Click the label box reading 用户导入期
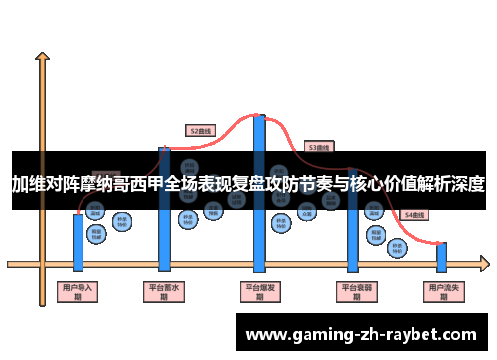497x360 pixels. click(78, 291)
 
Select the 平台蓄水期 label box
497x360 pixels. click(164, 291)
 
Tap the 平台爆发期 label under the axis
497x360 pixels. click(259, 291)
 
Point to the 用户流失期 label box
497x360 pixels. click(442, 291)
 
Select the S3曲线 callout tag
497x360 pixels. click(318, 146)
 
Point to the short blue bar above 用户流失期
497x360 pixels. click(442, 257)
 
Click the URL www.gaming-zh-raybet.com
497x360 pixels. click(361, 334)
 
